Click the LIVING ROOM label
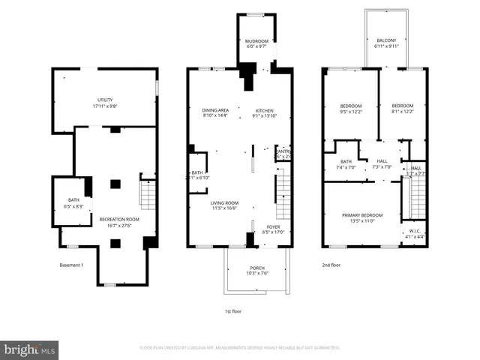[x=223, y=205]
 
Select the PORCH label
[x=256, y=270]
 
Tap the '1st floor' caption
[x=233, y=310]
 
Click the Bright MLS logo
[x=30, y=349]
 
